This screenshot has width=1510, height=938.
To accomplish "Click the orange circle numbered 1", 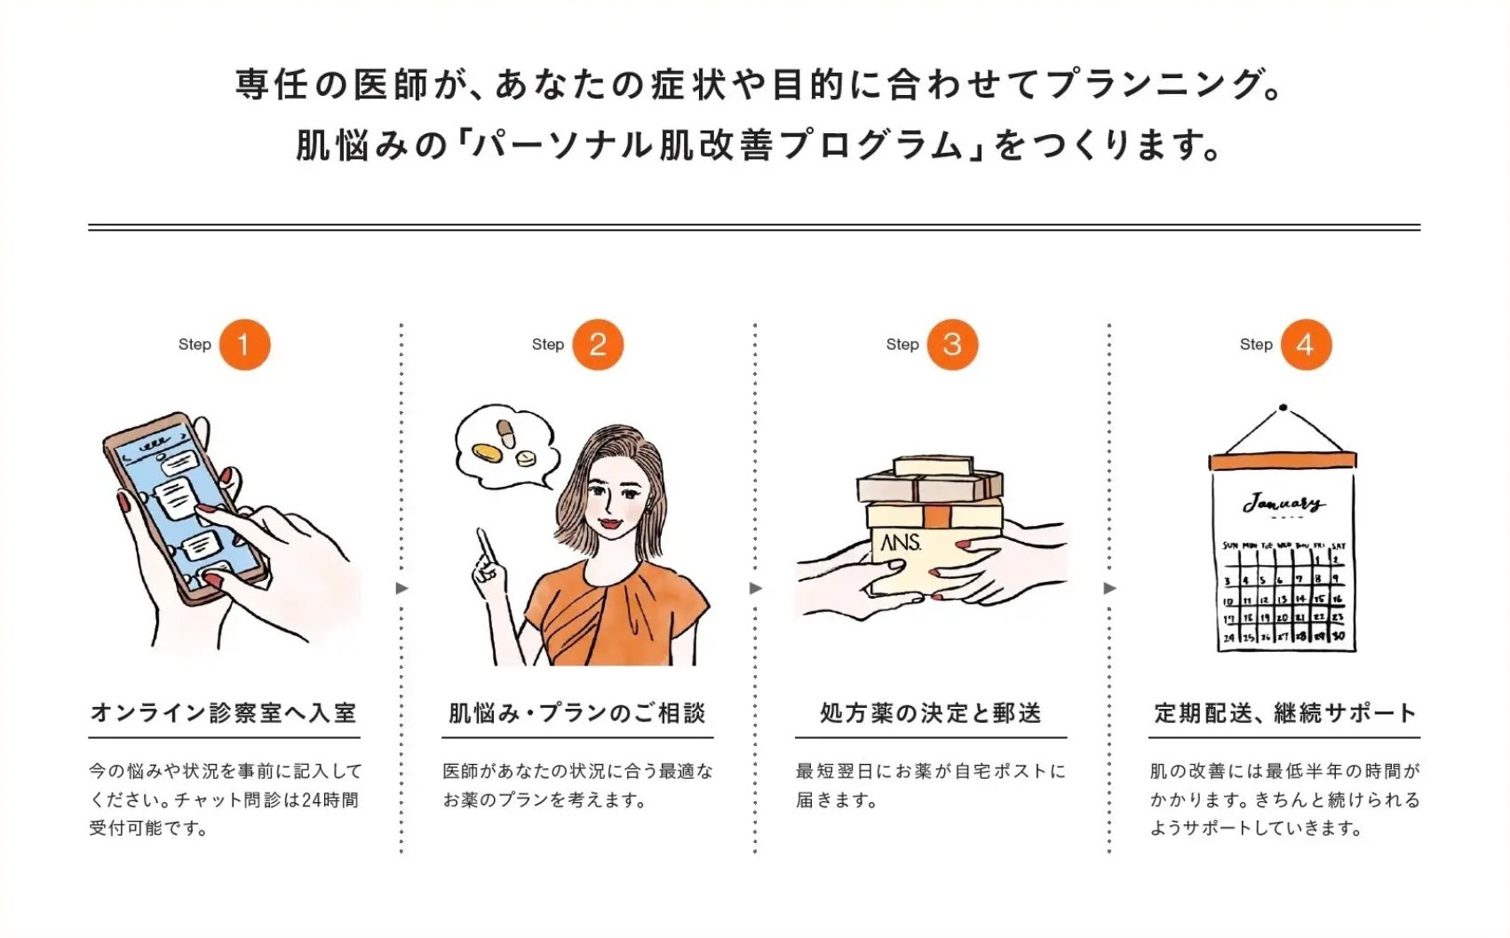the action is (x=244, y=345).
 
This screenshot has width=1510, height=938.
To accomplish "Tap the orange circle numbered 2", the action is (x=598, y=345).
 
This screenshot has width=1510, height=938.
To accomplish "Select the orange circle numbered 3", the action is (x=952, y=345).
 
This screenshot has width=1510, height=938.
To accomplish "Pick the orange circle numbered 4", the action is (x=1306, y=345).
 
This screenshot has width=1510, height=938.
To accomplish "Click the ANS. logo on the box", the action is (x=901, y=542).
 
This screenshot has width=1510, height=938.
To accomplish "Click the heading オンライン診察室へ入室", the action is (x=224, y=712).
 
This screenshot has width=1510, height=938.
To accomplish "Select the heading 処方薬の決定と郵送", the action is (x=931, y=712).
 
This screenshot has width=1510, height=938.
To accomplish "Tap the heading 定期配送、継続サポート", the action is (x=1285, y=712).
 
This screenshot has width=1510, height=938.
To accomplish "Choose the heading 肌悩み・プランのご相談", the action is (x=577, y=712).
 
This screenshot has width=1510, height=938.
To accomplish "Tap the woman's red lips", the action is (x=611, y=523).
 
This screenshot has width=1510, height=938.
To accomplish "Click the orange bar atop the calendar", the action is (x=1283, y=461).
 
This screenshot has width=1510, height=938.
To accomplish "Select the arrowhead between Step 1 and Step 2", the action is (x=401, y=589).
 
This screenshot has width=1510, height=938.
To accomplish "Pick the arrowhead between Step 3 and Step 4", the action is (x=1109, y=589).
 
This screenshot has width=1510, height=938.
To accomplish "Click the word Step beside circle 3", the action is (x=902, y=345).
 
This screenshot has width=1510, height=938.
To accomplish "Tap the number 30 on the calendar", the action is (x=1338, y=636).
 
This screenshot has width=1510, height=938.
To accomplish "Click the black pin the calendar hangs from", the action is (x=1283, y=408).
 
